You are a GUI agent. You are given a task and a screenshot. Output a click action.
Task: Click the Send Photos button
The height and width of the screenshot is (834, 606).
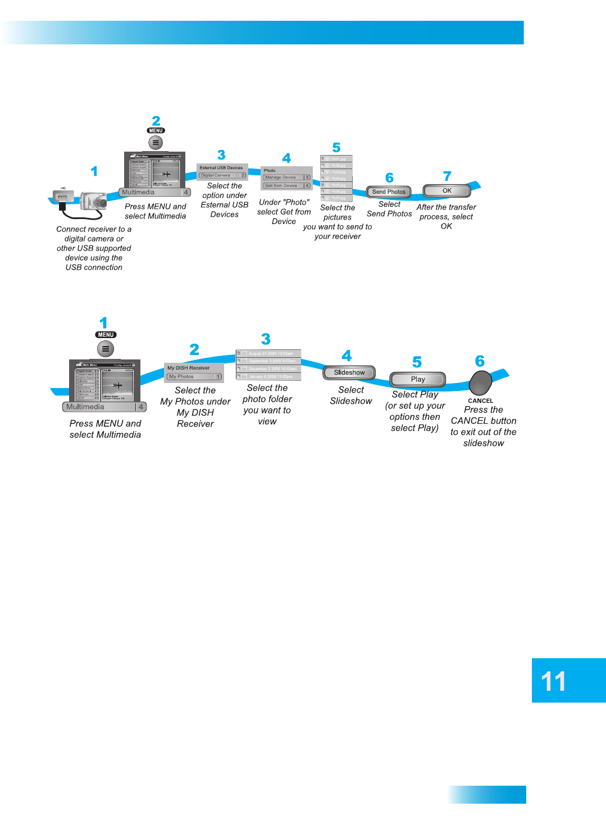click(x=389, y=192)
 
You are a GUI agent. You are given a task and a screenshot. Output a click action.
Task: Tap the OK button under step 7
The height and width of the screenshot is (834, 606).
click(x=446, y=191)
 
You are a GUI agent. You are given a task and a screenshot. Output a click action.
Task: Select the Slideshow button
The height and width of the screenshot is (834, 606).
click(x=349, y=372)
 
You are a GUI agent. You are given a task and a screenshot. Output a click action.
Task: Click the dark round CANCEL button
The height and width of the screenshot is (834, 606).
click(x=480, y=382)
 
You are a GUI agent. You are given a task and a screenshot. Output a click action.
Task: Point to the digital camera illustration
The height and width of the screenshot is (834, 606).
click(x=93, y=200)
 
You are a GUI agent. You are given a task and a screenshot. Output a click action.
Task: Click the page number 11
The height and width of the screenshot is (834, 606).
click(x=553, y=681)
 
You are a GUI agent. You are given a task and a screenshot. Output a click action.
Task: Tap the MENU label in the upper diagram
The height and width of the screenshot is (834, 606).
click(x=156, y=130)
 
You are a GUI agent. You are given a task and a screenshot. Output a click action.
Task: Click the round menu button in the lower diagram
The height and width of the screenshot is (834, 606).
click(x=106, y=349)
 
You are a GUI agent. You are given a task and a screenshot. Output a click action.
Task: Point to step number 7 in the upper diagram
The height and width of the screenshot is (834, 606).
click(x=447, y=176)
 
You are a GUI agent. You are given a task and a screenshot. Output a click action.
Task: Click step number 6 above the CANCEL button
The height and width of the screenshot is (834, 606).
click(x=480, y=361)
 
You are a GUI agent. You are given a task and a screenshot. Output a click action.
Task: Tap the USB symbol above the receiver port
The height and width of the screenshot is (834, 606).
click(x=63, y=188)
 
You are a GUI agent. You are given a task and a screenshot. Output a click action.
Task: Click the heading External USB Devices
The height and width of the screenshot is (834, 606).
click(x=221, y=168)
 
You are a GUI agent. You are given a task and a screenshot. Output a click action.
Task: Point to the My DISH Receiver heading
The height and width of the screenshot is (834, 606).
click(x=189, y=368)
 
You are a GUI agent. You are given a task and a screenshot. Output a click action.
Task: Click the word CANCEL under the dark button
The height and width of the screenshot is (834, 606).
click(x=480, y=401)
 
